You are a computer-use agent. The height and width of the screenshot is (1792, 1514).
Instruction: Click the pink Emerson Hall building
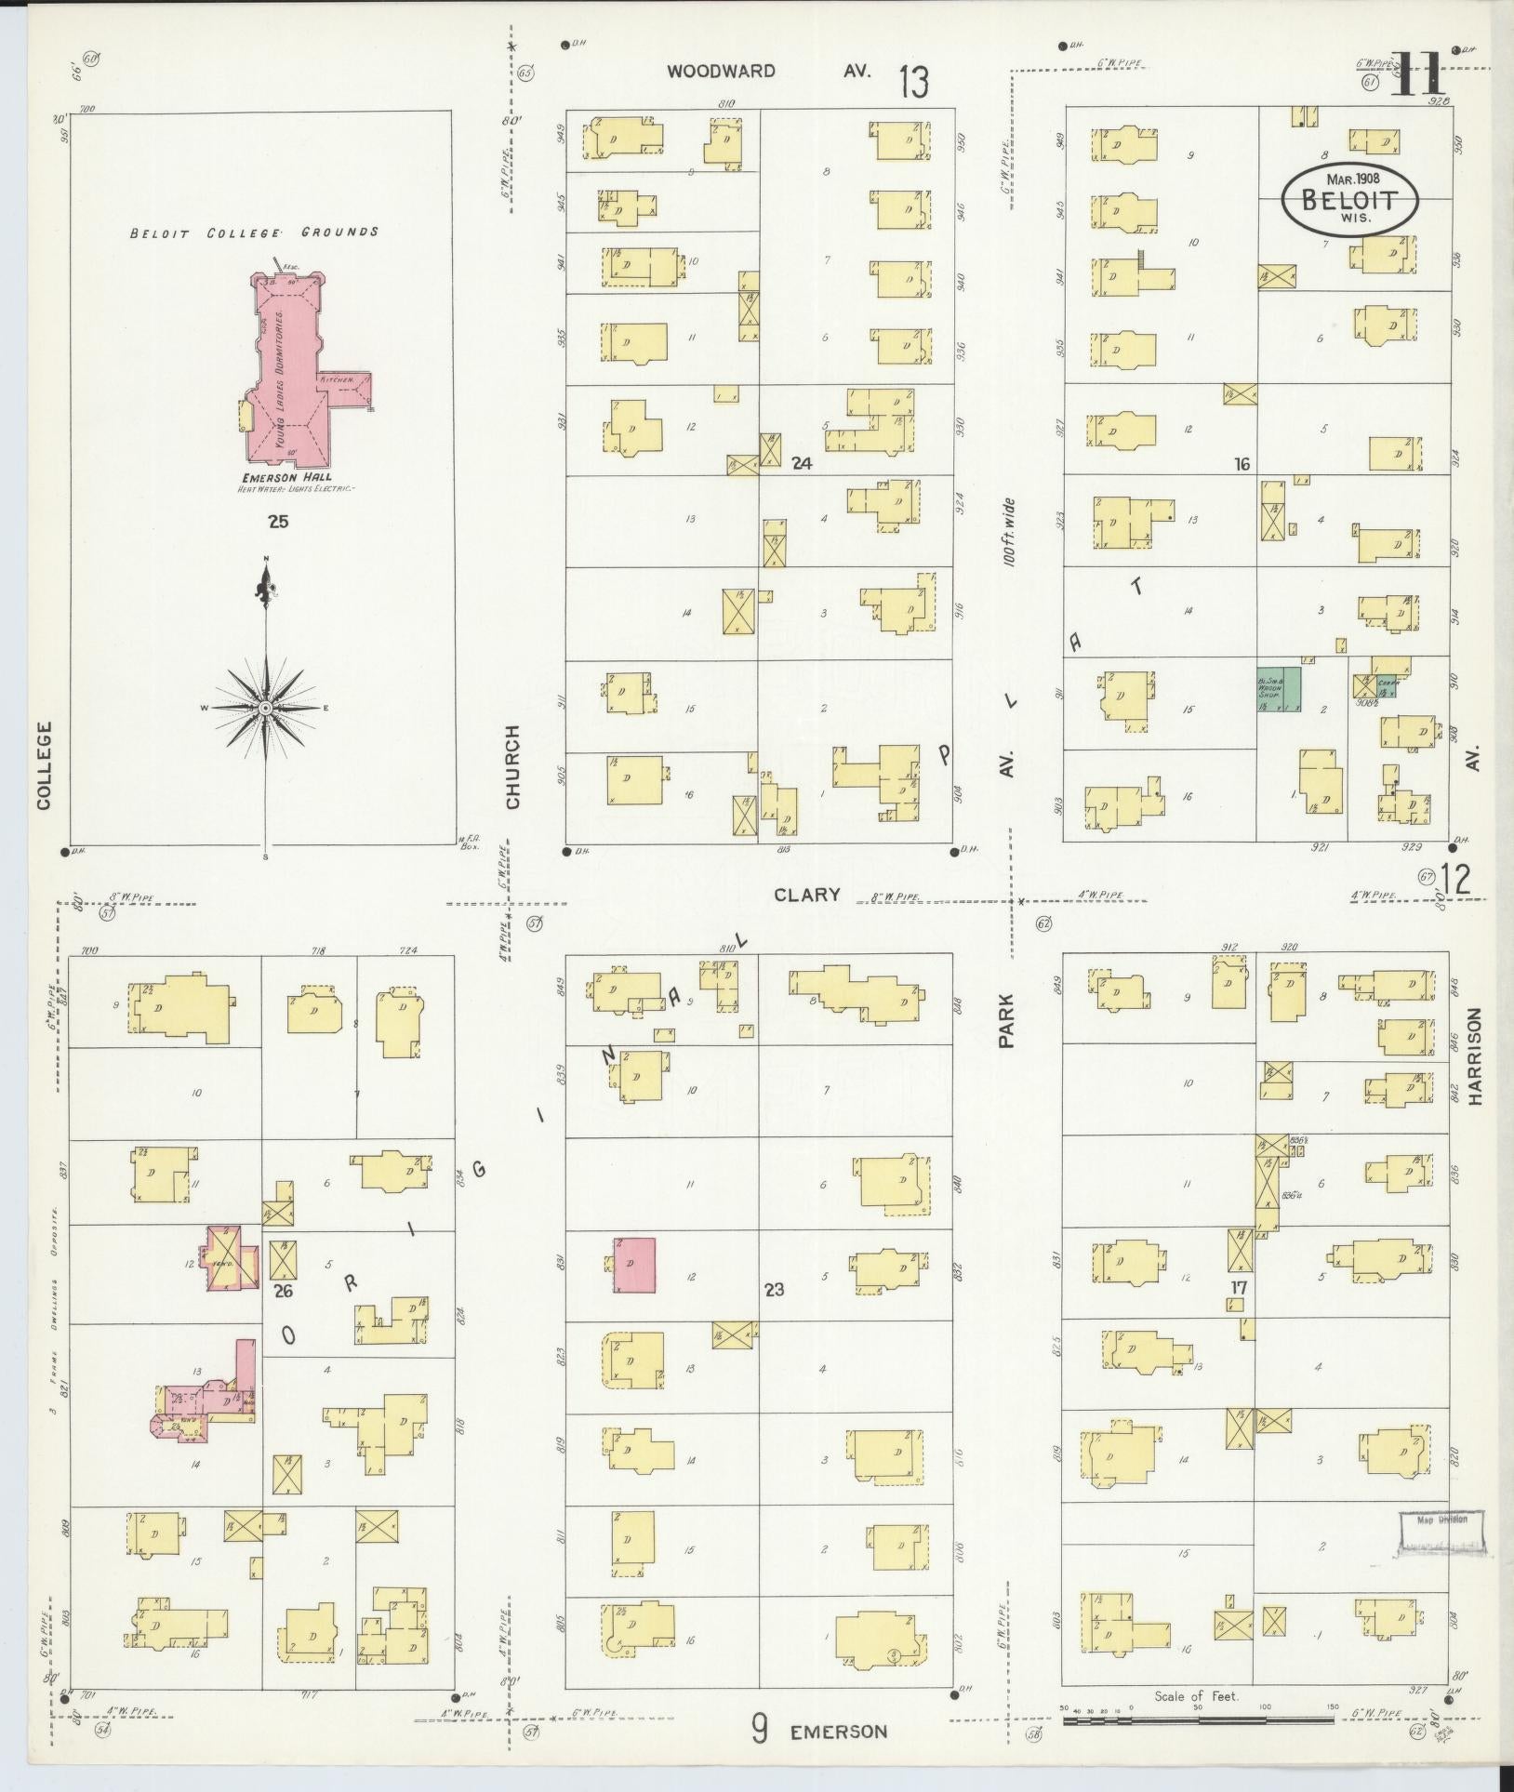[288, 372]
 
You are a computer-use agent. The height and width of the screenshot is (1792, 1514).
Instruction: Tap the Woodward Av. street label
[768, 72]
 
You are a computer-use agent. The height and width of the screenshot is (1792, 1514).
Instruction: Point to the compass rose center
[266, 708]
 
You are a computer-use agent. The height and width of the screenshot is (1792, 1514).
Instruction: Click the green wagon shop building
[1278, 690]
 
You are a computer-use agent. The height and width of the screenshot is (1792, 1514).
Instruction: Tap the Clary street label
[806, 895]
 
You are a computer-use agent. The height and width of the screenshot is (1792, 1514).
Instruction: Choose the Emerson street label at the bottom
[838, 1732]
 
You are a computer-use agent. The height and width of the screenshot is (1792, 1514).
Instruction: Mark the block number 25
[277, 522]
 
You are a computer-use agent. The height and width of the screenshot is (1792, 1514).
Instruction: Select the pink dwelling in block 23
[634, 1264]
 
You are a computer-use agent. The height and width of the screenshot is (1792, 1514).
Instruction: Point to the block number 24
[802, 462]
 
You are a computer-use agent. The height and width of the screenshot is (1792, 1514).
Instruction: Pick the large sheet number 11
[1417, 74]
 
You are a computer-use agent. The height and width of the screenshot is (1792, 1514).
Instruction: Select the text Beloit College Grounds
[254, 232]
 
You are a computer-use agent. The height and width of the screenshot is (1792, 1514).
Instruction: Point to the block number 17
[1238, 1288]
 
